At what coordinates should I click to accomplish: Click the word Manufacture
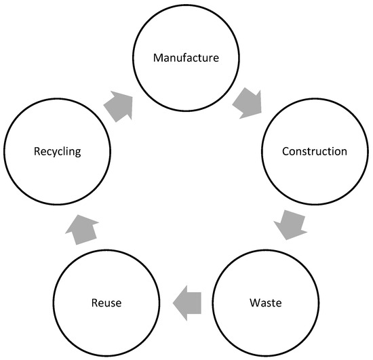pyautogui.click(x=186, y=58)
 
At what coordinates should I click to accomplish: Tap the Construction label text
pyautogui.click(x=314, y=151)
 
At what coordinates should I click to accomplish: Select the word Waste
pyautogui.click(x=265, y=301)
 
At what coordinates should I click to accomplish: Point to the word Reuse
pyautogui.click(x=106, y=301)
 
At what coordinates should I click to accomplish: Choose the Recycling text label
pyautogui.click(x=58, y=151)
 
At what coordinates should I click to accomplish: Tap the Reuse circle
pyautogui.click(x=106, y=325)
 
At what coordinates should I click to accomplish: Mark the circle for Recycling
pyautogui.click(x=58, y=176)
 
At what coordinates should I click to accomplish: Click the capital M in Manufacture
pyautogui.click(x=157, y=58)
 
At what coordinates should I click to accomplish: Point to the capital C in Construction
pyautogui.click(x=286, y=151)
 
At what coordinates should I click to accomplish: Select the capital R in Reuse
pyautogui.click(x=93, y=301)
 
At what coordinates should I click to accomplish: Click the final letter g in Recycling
pyautogui.click(x=79, y=153)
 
